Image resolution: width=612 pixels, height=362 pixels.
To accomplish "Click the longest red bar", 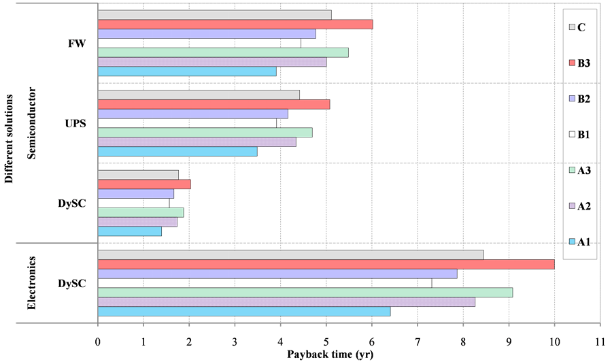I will (326, 264).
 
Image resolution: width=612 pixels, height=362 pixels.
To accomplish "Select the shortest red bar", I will (144, 184).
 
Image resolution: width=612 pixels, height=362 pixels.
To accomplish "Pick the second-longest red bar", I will (235, 24).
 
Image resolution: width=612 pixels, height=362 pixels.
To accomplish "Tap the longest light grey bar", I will (290, 254).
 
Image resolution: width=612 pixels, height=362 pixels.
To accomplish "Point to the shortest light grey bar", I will (138, 175).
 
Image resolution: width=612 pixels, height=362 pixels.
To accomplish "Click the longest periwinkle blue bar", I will (277, 274).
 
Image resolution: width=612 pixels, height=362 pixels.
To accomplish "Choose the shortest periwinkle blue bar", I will (135, 194).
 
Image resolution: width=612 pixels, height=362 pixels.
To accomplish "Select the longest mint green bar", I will (305, 293).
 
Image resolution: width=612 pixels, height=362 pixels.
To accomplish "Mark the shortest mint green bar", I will (141, 212).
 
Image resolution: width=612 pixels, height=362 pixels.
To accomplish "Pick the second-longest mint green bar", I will (223, 52).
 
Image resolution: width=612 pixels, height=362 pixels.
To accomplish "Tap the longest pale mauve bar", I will (286, 302).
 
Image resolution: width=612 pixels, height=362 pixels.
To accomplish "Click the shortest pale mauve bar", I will (137, 222).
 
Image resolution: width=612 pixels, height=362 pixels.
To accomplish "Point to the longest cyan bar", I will (244, 311).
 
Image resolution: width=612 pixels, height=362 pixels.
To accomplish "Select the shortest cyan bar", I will (130, 231).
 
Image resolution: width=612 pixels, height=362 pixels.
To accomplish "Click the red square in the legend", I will (573, 63).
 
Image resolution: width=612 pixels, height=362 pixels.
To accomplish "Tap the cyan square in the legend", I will (573, 241).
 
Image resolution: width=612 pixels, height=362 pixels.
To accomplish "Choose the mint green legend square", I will (573, 170).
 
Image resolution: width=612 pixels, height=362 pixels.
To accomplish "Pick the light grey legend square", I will (573, 27).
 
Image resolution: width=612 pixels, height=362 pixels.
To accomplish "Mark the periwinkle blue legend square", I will (573, 99).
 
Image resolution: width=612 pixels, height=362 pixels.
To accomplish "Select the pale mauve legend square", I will (573, 205).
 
